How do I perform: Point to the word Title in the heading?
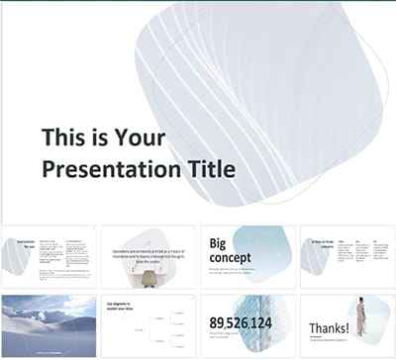point(206,170)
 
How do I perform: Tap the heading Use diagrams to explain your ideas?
point(123,306)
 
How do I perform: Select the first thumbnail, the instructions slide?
point(49,256)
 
